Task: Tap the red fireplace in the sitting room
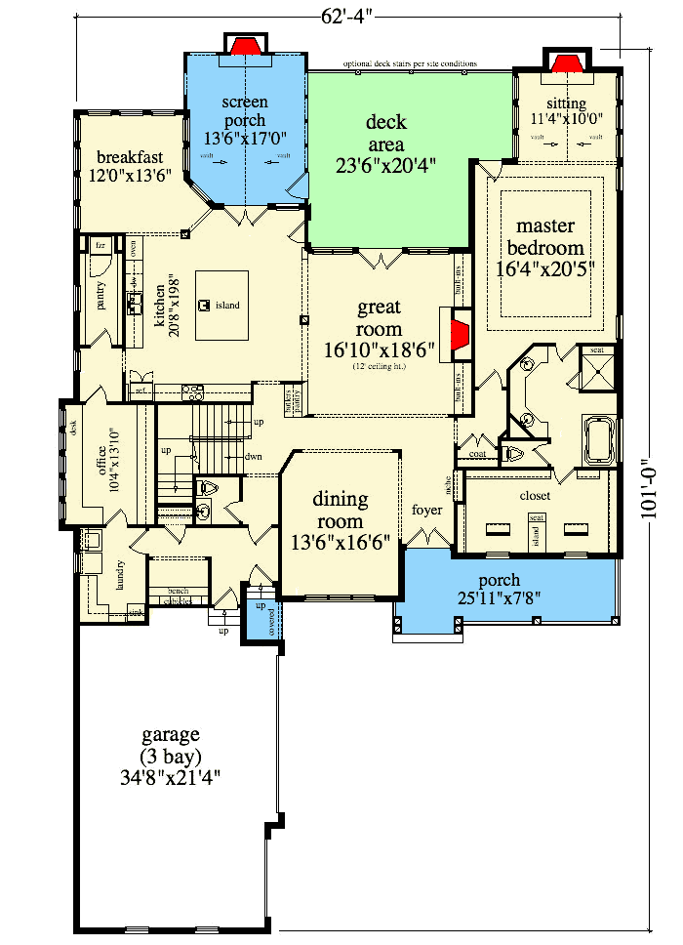(566, 63)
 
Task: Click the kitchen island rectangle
(221, 306)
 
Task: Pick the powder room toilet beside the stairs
(205, 488)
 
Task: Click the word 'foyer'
(427, 510)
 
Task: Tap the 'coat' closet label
(477, 453)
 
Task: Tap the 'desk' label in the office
(73, 426)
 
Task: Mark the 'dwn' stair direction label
(253, 456)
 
